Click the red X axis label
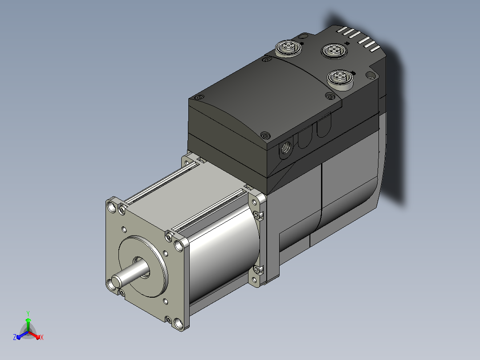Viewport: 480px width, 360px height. click(42, 337)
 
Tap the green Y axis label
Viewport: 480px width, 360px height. click(28, 313)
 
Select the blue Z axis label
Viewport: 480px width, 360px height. click(15, 337)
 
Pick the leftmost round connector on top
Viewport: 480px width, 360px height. click(288, 48)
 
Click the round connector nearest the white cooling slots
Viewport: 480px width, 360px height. click(334, 50)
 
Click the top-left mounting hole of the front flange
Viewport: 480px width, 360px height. click(112, 207)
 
